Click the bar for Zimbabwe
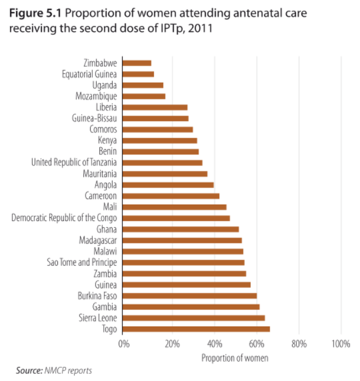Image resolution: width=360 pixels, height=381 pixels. pyautogui.click(x=137, y=63)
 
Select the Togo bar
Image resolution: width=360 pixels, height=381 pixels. pyautogui.click(x=196, y=329)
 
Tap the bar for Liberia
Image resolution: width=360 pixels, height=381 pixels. pyautogui.click(x=155, y=107)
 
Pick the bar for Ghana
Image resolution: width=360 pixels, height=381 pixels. pyautogui.click(x=181, y=229)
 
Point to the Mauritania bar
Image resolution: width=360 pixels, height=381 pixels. pyautogui.click(x=165, y=174)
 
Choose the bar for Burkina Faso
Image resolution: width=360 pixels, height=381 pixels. pyautogui.click(x=189, y=296)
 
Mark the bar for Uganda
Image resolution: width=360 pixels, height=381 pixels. pyautogui.click(x=143, y=85)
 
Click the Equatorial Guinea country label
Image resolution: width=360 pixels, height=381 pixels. pyautogui.click(x=89, y=74)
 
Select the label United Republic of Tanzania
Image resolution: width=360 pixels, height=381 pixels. pyautogui.click(x=74, y=162)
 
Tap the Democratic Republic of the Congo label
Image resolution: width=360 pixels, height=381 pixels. pyautogui.click(x=64, y=218)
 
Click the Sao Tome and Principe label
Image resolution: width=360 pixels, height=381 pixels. pyautogui.click(x=82, y=262)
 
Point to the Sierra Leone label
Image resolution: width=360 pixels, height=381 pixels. pyautogui.click(x=98, y=318)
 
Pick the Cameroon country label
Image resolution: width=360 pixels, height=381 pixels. pyautogui.click(x=101, y=196)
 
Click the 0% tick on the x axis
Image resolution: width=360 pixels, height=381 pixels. pyautogui.click(x=124, y=344)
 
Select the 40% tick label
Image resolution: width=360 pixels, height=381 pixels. pyautogui.click(x=215, y=344)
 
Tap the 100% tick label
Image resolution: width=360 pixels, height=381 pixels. pyautogui.click(x=341, y=344)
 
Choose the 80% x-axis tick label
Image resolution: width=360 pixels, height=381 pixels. pyautogui.click(x=299, y=344)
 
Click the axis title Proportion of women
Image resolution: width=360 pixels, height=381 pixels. pyautogui.click(x=235, y=358)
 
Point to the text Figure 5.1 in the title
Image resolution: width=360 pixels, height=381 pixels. pyautogui.click(x=35, y=14)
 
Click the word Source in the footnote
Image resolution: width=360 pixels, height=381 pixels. pyautogui.click(x=29, y=370)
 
